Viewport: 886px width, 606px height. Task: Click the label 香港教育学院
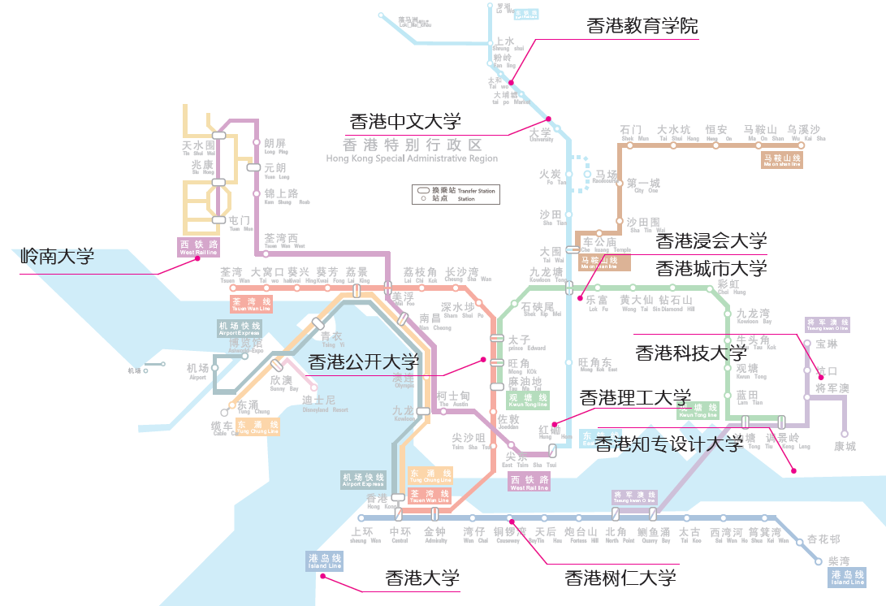click(x=642, y=26)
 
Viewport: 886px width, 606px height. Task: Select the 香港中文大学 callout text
click(x=405, y=123)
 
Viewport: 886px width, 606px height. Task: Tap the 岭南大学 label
click(x=57, y=258)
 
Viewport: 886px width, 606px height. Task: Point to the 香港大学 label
click(x=421, y=578)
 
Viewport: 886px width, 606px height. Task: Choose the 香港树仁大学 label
click(x=620, y=578)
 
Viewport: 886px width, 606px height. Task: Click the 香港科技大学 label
click(x=690, y=353)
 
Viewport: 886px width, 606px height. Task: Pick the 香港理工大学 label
click(x=634, y=398)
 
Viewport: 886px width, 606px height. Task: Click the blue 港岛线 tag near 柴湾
click(x=847, y=578)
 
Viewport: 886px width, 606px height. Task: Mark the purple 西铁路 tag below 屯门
click(x=199, y=247)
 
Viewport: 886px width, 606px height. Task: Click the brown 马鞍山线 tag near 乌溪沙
click(x=782, y=160)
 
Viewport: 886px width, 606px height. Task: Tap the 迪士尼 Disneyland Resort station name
click(x=318, y=401)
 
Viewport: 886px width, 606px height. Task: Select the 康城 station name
click(x=845, y=446)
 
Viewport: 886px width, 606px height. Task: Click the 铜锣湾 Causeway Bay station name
click(x=510, y=534)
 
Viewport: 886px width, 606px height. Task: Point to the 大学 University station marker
click(x=557, y=129)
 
